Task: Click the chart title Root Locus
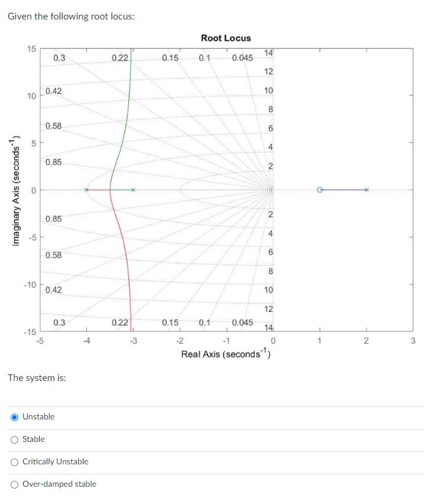click(x=225, y=38)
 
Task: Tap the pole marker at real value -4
click(x=86, y=190)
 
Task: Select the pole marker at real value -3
click(x=134, y=190)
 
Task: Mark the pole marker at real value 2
click(x=366, y=190)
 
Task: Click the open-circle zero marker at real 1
click(x=319, y=190)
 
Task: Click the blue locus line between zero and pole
click(x=343, y=190)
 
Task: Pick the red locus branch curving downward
click(x=127, y=260)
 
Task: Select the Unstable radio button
click(x=14, y=417)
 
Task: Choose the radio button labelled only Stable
click(x=14, y=440)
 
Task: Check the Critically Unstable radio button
click(x=14, y=462)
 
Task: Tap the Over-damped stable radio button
click(x=14, y=484)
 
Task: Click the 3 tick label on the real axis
click(x=413, y=340)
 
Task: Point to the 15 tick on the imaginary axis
click(x=31, y=48)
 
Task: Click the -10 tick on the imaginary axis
click(x=29, y=284)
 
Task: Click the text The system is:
click(x=37, y=377)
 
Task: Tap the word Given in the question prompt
click(x=20, y=16)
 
